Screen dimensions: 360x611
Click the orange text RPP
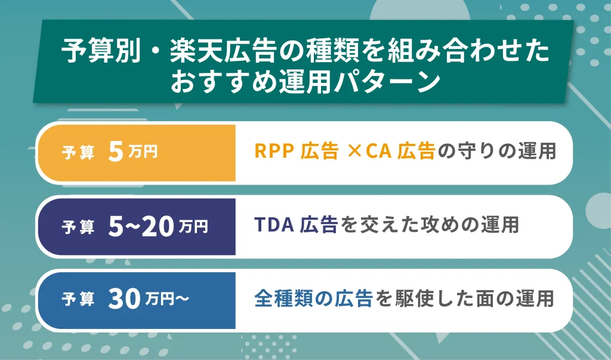tap(275, 152)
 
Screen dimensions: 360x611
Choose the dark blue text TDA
tap(274, 224)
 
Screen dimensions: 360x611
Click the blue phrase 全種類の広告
tap(314, 299)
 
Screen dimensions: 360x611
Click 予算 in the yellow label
tap(78, 153)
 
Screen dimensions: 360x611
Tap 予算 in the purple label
tap(78, 227)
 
